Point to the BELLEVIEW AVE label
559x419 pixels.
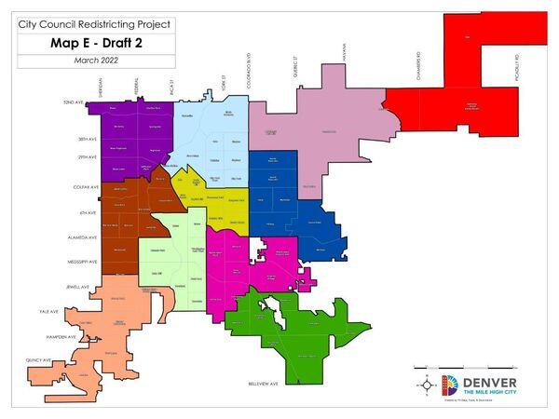(263, 383)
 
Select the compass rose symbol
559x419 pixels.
(428, 384)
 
